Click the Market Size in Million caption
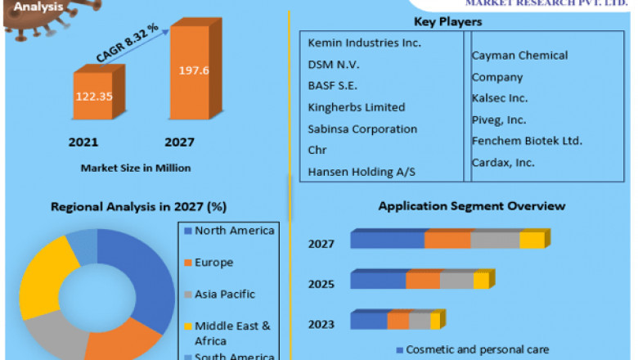[136, 168]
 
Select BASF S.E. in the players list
[332, 85]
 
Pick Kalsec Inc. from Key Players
[500, 98]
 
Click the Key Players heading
[448, 21]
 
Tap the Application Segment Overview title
[471, 206]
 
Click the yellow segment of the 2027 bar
[532, 240]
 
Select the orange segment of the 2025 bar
[423, 281]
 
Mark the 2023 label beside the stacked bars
[321, 324]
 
